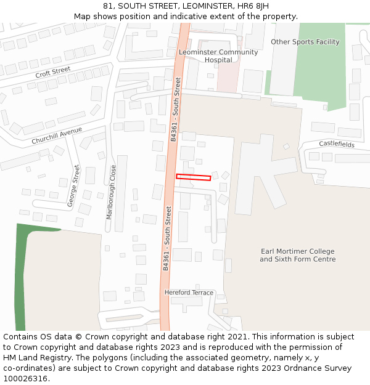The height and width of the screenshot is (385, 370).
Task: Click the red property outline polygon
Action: coord(194,177)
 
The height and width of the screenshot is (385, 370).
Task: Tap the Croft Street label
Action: coord(53,73)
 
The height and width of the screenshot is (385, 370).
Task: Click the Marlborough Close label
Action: coord(112,192)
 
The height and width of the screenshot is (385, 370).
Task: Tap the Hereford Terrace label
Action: coord(189,293)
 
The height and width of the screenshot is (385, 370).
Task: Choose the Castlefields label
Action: coord(337,144)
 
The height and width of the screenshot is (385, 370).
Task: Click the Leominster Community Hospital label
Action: coord(218,56)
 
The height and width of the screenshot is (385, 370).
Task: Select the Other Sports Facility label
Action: coord(305,42)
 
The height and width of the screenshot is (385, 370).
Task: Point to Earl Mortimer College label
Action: coord(298,255)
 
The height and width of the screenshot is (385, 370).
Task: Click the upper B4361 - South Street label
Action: coord(176,109)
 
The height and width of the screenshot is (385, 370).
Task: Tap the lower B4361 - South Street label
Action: coord(167,238)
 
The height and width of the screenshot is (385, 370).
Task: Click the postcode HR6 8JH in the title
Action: coord(253,6)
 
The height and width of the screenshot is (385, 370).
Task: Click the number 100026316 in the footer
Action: coord(25,378)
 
